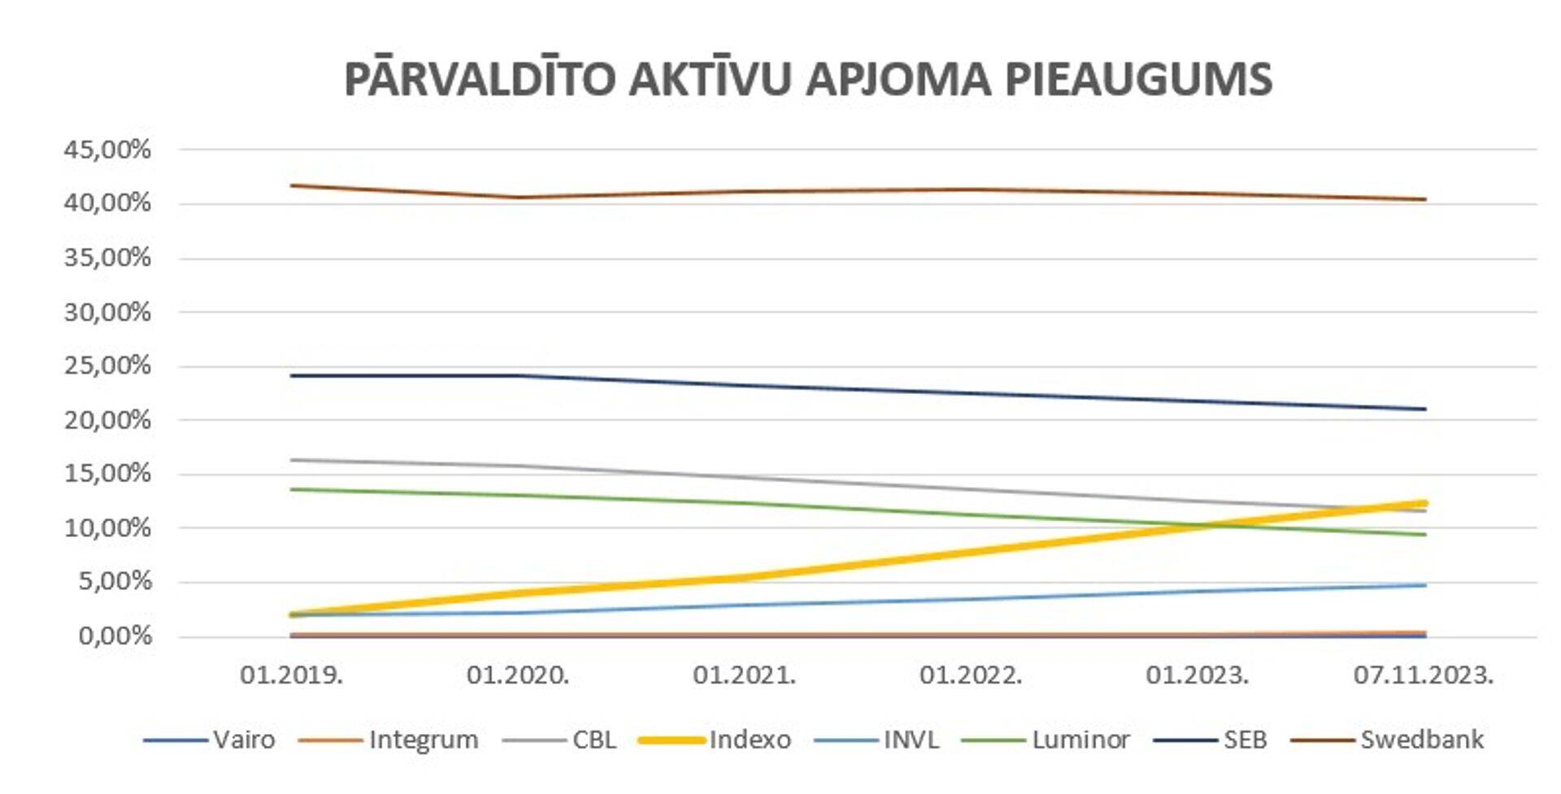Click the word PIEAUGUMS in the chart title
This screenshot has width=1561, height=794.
1138,79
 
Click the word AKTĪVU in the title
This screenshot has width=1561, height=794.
710,79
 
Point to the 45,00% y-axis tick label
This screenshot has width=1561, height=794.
107,150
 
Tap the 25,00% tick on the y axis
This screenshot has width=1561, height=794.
107,366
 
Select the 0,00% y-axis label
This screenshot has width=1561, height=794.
115,636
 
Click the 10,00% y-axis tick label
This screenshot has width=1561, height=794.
107,528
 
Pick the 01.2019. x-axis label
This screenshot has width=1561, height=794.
291,675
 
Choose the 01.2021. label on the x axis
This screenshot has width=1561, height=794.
744,675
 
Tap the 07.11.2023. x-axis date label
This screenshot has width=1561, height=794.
1424,675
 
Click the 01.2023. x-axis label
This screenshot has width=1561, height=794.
1197,675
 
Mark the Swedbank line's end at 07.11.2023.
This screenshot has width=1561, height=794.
1425,199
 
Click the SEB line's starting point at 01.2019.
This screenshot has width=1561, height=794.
292,375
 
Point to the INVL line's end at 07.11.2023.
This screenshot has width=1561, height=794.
1425,585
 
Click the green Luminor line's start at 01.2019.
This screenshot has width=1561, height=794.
292,489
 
